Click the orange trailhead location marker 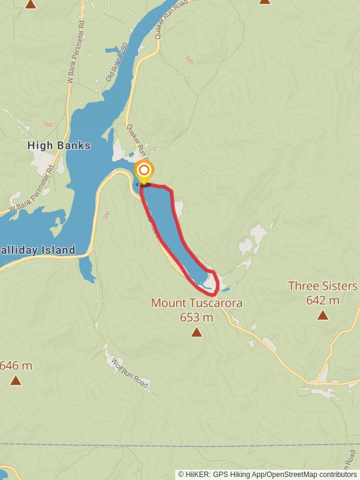click(x=144, y=170)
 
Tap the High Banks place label click(x=59, y=146)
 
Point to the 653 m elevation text click(x=196, y=317)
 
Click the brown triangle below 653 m click(x=196, y=332)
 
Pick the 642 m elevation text click(x=323, y=300)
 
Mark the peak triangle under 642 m click(x=323, y=315)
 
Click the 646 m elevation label click(x=16, y=365)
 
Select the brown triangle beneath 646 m click(x=16, y=380)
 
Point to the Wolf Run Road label click(x=130, y=371)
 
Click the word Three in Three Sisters click(x=303, y=286)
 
